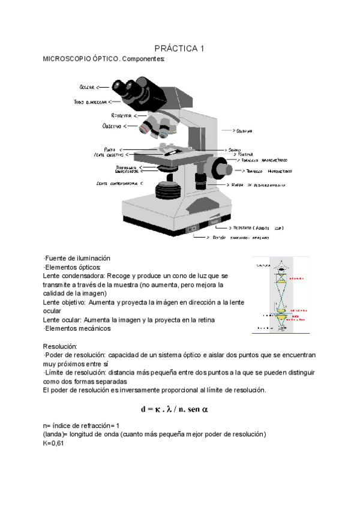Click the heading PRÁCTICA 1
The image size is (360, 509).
click(x=179, y=49)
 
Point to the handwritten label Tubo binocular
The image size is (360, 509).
click(x=89, y=103)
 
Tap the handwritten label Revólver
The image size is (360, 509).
click(x=121, y=115)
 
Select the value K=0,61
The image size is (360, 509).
click(x=53, y=443)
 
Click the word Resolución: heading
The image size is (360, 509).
click(x=60, y=346)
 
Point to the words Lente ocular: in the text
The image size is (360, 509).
click(x=62, y=320)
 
